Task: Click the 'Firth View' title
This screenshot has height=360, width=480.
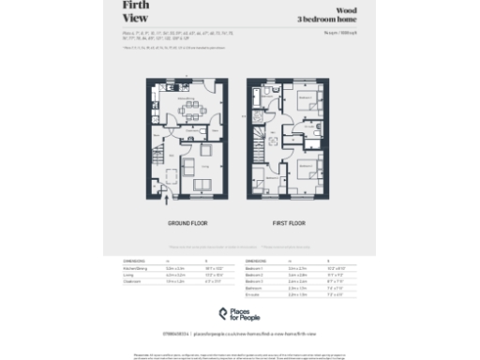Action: [136, 10]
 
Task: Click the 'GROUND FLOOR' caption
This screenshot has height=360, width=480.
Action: [187, 224]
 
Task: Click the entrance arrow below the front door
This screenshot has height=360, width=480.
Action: [167, 200]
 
